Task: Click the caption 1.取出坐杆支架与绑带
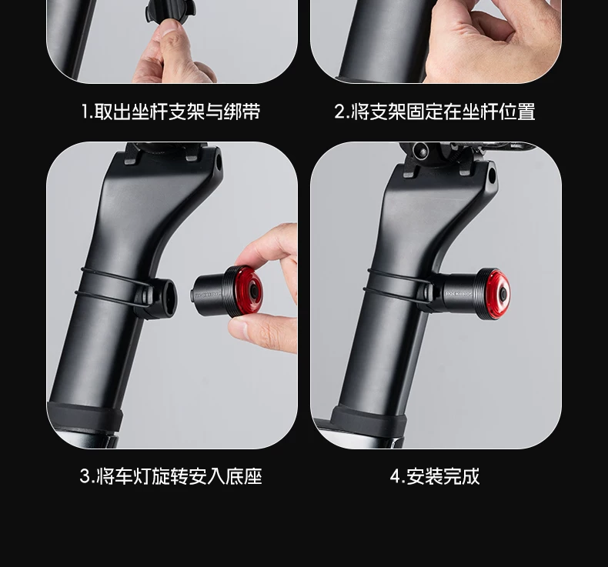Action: [x=171, y=112]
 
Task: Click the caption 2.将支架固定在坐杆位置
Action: [x=435, y=112]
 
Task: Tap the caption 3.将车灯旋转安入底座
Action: [x=171, y=476]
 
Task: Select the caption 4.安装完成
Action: [x=435, y=476]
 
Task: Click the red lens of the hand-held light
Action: [x=249, y=290]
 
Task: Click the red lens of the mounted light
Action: [x=499, y=295]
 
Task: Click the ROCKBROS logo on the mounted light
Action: [x=459, y=294]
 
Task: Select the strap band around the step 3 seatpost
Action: [x=112, y=287]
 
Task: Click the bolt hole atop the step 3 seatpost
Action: [x=219, y=163]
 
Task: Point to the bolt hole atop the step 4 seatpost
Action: [x=492, y=175]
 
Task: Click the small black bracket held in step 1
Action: [x=170, y=12]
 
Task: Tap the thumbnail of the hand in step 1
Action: [x=171, y=28]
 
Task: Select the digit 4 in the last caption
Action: [x=395, y=476]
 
